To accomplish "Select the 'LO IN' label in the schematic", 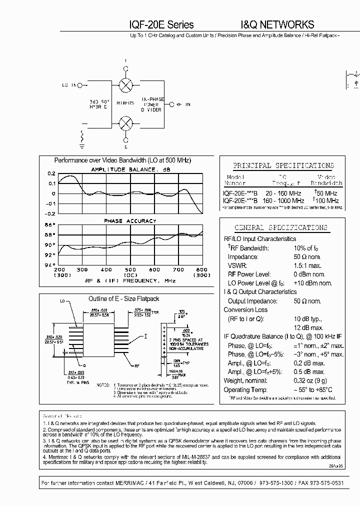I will (69, 85).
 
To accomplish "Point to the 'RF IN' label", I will (181, 104).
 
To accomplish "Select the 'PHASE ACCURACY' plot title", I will (130, 220).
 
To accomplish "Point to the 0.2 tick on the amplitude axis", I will (52, 173).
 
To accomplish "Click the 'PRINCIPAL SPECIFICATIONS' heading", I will (283, 165).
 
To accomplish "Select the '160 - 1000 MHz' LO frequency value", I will (284, 200).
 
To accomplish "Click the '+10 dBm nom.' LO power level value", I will (313, 283).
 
